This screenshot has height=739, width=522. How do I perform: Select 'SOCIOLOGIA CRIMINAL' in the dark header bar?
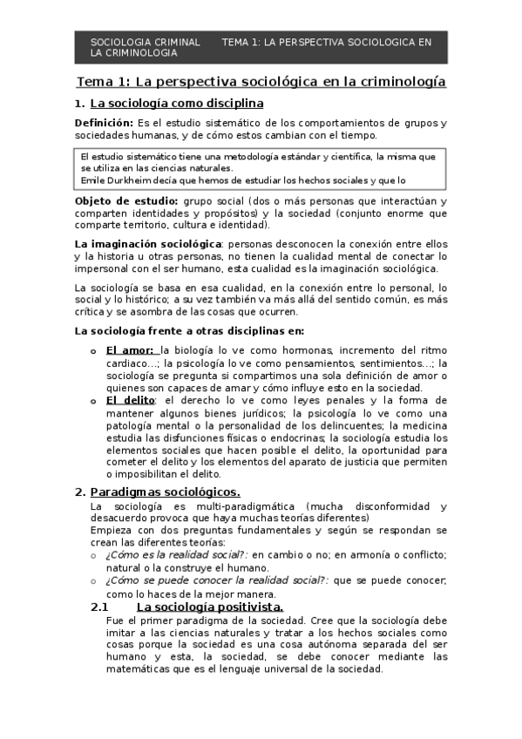tap(146, 42)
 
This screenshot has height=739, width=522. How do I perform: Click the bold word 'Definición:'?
tap(104, 123)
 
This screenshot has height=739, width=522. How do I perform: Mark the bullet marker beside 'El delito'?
tap(95, 401)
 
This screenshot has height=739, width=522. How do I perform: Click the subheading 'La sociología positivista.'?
tap(209, 607)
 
